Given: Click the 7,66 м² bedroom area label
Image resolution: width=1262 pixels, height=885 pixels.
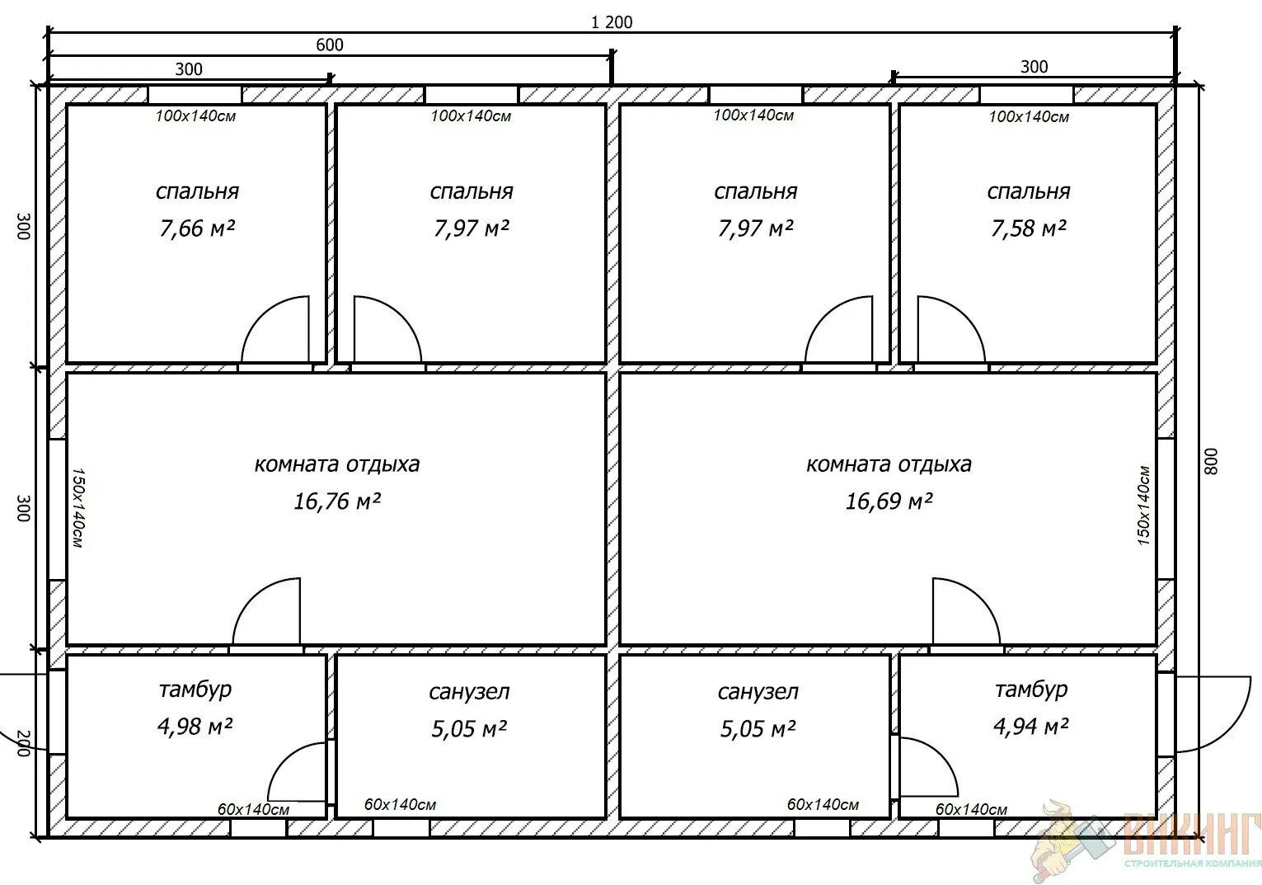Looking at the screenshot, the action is click(197, 228).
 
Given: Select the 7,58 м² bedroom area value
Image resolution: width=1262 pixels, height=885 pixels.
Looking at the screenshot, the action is click(1028, 228).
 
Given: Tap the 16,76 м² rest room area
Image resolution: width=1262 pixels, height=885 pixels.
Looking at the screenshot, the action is click(337, 501).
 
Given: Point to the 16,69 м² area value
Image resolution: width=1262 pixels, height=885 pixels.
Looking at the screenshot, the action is click(889, 501).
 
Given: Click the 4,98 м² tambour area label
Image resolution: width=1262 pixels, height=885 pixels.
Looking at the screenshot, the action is click(195, 726).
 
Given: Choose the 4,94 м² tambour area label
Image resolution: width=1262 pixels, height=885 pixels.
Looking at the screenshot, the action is click(1031, 726).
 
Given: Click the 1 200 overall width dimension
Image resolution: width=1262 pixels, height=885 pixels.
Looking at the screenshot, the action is click(612, 22).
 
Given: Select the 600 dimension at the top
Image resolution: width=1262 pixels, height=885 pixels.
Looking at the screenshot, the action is click(330, 45).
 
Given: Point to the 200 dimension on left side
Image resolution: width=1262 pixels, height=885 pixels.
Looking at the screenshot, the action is click(22, 743).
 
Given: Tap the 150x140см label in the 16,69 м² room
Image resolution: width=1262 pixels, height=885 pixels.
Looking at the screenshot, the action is click(1143, 506).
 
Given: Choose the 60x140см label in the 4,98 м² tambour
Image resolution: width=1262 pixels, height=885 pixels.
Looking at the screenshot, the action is click(254, 809).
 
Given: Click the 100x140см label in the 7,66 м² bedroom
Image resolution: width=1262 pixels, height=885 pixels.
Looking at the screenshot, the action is click(195, 116).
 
